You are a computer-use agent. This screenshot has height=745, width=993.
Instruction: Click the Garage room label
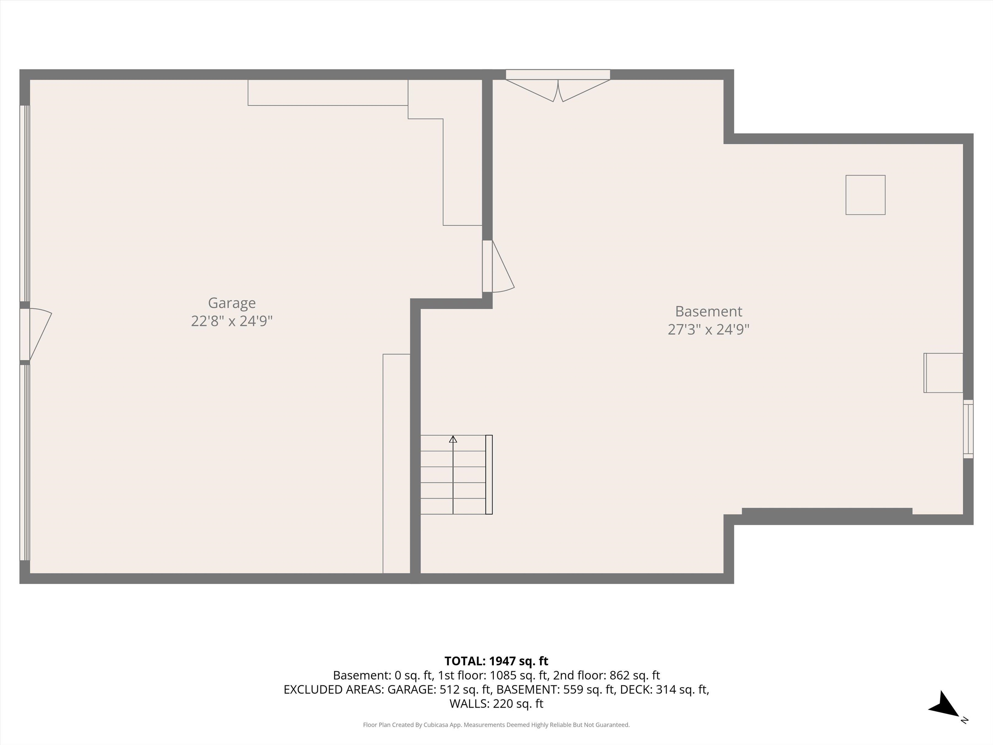pos(232,303)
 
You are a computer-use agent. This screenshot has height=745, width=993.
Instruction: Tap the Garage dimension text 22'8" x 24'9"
pos(232,321)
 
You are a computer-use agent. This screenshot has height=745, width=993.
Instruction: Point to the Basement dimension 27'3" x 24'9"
pos(709,329)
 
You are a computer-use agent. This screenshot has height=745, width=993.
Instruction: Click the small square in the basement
pos(865,195)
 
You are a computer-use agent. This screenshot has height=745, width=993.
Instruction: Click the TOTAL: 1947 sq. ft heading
pos(496,661)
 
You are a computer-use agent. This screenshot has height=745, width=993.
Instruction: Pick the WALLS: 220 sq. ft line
pos(496,704)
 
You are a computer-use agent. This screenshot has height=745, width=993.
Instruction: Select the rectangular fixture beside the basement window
pos(943,373)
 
